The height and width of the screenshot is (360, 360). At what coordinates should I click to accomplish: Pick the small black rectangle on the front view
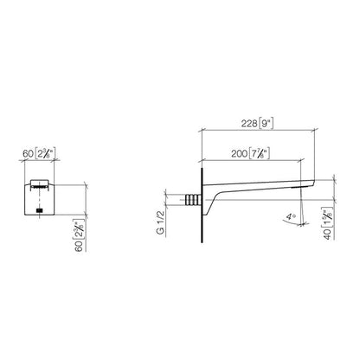coord(40,209)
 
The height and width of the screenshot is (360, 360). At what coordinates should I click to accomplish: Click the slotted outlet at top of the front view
coord(38,185)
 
